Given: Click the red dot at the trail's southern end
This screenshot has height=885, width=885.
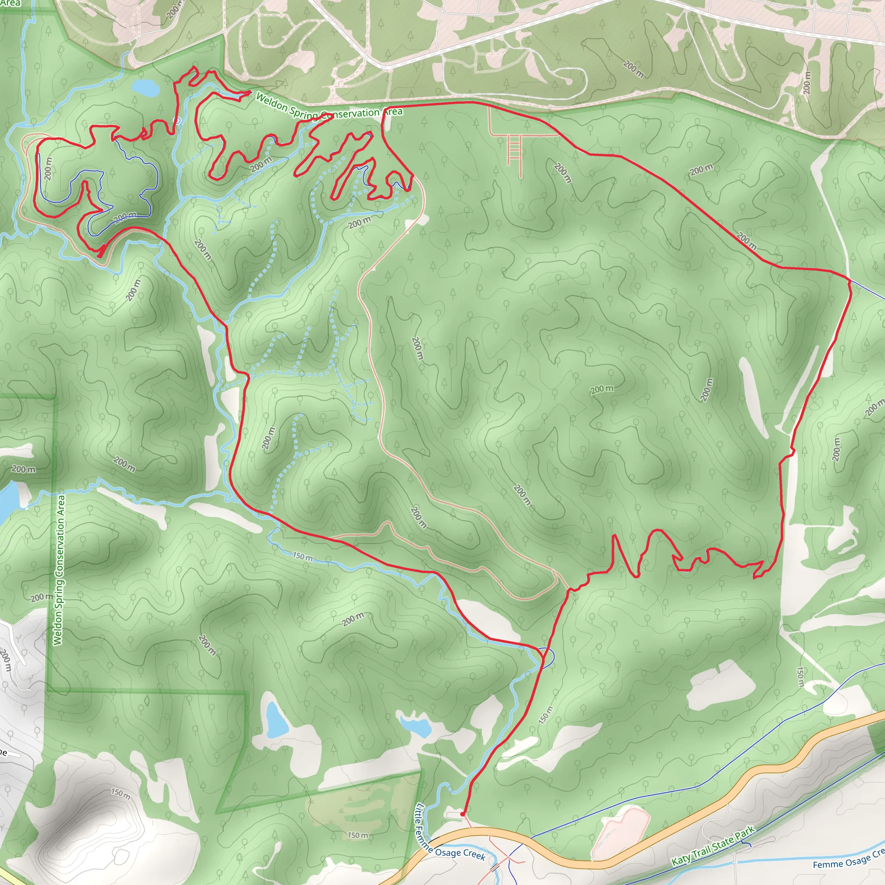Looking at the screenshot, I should [x=462, y=814].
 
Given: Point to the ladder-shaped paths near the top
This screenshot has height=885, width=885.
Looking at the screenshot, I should [x=514, y=152].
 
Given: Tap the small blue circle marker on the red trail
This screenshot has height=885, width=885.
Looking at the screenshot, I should [x=177, y=121].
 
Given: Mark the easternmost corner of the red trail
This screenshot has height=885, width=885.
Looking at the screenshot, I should [x=850, y=280].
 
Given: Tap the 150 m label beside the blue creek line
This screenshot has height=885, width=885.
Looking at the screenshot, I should [x=303, y=557].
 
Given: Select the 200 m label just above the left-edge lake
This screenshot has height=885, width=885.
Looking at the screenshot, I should [x=23, y=469].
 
